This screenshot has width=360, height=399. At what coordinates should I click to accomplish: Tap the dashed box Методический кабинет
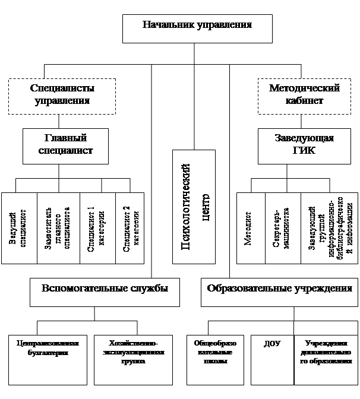tap(304, 94)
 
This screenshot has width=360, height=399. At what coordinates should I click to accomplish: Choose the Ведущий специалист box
tap(19, 228)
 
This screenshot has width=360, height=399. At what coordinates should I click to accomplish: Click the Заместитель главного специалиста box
tap(58, 228)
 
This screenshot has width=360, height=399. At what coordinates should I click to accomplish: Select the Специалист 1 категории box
tap(97, 228)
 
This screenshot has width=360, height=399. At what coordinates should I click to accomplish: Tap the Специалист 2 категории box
tap(130, 228)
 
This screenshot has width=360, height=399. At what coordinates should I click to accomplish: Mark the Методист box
tap(251, 228)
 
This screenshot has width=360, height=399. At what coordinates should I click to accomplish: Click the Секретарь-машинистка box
tap(283, 228)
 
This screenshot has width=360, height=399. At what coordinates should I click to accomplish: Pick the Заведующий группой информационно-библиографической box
tap(330, 228)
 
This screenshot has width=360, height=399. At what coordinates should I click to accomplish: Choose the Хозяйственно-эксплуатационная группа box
tap(133, 359)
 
